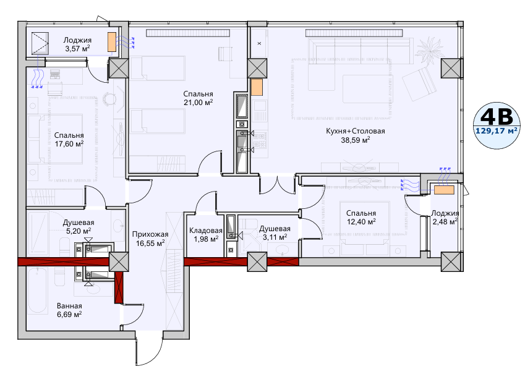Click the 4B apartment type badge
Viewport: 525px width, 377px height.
coord(497,125)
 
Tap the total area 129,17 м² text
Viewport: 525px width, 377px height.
coord(497,130)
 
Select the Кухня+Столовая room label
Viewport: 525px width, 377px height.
coord(355,131)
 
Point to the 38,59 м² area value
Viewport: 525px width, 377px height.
coord(355,140)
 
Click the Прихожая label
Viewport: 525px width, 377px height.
coord(150,234)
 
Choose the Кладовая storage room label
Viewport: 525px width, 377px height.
coord(205,231)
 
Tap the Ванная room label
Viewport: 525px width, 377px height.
coord(69,306)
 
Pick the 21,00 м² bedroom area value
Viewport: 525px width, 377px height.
coord(198,103)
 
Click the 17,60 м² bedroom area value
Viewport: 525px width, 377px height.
coord(69,144)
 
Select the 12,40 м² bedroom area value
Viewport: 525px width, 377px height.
coord(361,221)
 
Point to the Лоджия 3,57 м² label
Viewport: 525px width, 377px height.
coord(77,44)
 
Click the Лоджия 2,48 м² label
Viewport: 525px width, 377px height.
coord(445,217)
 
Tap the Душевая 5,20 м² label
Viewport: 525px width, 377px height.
coord(79,226)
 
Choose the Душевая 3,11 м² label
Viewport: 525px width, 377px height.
coord(275,233)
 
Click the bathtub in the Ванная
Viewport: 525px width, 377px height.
coord(38,290)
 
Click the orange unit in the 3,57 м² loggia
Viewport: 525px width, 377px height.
coord(112,42)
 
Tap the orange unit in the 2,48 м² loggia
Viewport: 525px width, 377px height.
coord(445,190)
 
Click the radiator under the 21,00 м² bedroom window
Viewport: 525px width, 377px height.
coord(188,33)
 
